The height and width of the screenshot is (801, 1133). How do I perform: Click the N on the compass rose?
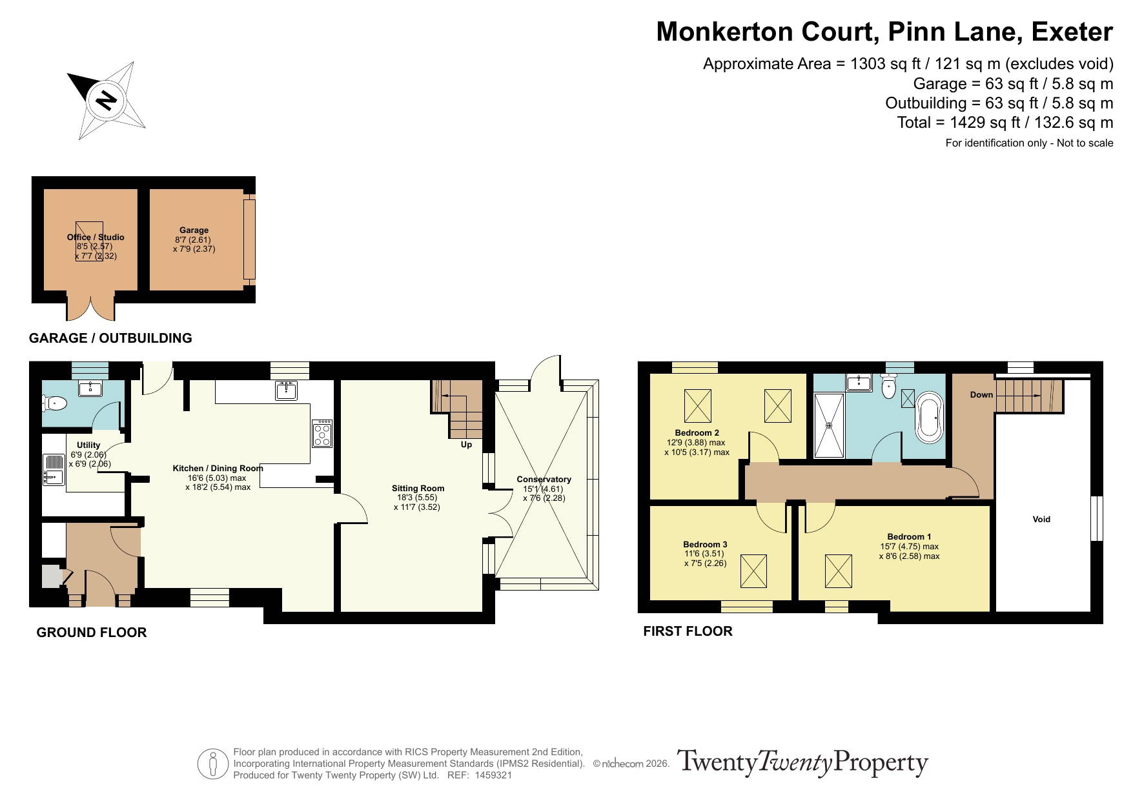click(105, 101)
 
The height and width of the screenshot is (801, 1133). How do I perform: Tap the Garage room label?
click(194, 230)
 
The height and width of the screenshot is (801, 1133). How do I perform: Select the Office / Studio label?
click(96, 237)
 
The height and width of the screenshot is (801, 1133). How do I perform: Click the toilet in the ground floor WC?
click(55, 404)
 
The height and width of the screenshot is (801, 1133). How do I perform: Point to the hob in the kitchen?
click(322, 434)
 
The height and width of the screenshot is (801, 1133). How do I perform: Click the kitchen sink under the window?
click(286, 390)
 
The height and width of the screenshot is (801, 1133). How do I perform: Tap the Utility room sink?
click(53, 470)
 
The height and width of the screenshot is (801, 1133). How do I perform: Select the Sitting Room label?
click(418, 488)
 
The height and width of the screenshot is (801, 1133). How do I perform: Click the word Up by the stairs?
click(466, 445)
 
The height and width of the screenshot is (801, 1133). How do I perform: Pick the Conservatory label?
click(544, 480)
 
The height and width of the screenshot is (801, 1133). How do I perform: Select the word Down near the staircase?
click(981, 394)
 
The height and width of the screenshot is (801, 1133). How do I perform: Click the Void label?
click(1041, 519)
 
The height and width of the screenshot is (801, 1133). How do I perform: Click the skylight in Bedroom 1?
click(839, 571)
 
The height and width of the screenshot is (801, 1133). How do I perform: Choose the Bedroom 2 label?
click(697, 433)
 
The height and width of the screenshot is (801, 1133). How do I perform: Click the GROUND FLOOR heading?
click(92, 633)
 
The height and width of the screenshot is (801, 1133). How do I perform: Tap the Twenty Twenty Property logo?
click(802, 763)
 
